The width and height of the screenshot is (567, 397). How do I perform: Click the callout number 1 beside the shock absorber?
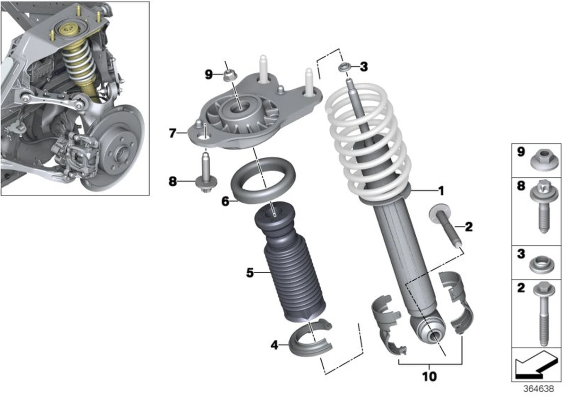(x=441, y=191)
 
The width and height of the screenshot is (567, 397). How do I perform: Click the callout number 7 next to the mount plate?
(x=173, y=134)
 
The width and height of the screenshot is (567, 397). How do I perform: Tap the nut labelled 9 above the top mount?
(x=230, y=74)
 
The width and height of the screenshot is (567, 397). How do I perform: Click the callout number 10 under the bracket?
(x=430, y=377)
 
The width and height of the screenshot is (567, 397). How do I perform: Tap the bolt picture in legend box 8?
(x=543, y=208)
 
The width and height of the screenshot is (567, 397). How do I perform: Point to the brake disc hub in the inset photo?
(x=118, y=152)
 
